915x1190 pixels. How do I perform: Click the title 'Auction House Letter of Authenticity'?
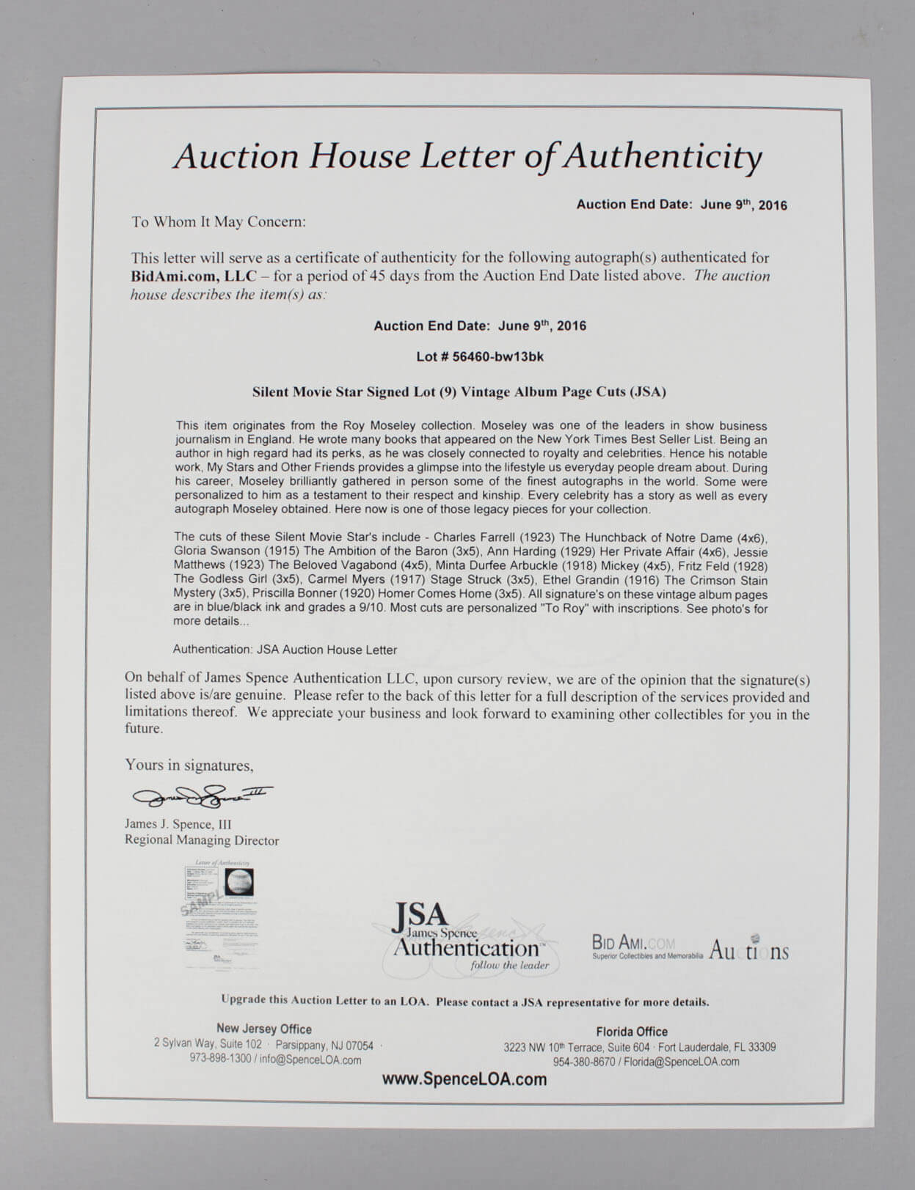pyautogui.click(x=467, y=157)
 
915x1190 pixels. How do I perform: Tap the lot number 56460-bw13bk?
pyautogui.click(x=497, y=357)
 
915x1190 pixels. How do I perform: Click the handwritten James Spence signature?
pyautogui.click(x=202, y=795)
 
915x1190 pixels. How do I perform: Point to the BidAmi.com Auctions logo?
pyautogui.click(x=690, y=948)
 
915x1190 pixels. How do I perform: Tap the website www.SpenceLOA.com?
pyautogui.click(x=464, y=1079)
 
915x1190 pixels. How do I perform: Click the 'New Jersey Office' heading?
pyautogui.click(x=263, y=1029)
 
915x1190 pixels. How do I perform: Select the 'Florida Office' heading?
pyautogui.click(x=632, y=1032)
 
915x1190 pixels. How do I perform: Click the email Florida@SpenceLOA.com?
pyautogui.click(x=682, y=1062)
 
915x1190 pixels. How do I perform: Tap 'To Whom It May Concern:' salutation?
pyautogui.click(x=219, y=222)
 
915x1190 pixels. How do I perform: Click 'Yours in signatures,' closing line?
pyautogui.click(x=189, y=765)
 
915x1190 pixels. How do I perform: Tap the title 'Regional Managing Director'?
pyautogui.click(x=202, y=840)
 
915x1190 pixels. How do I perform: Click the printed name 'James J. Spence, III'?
pyautogui.click(x=178, y=824)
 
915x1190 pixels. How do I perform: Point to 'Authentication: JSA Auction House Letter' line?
pyautogui.click(x=285, y=650)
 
